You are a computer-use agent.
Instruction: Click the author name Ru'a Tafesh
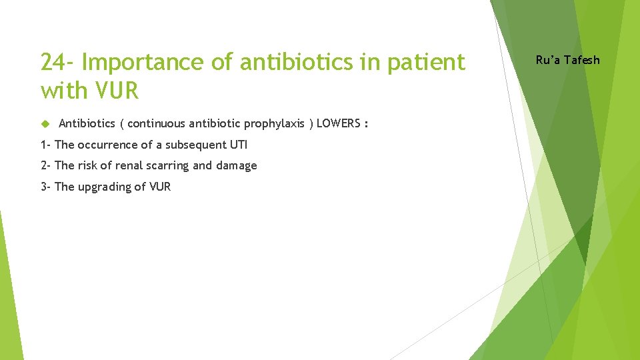[568, 60]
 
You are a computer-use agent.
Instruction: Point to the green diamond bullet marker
[45, 123]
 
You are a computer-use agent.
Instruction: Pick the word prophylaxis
[277, 123]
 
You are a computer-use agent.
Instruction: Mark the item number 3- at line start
[45, 187]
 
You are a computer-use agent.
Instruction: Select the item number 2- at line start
[45, 165]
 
